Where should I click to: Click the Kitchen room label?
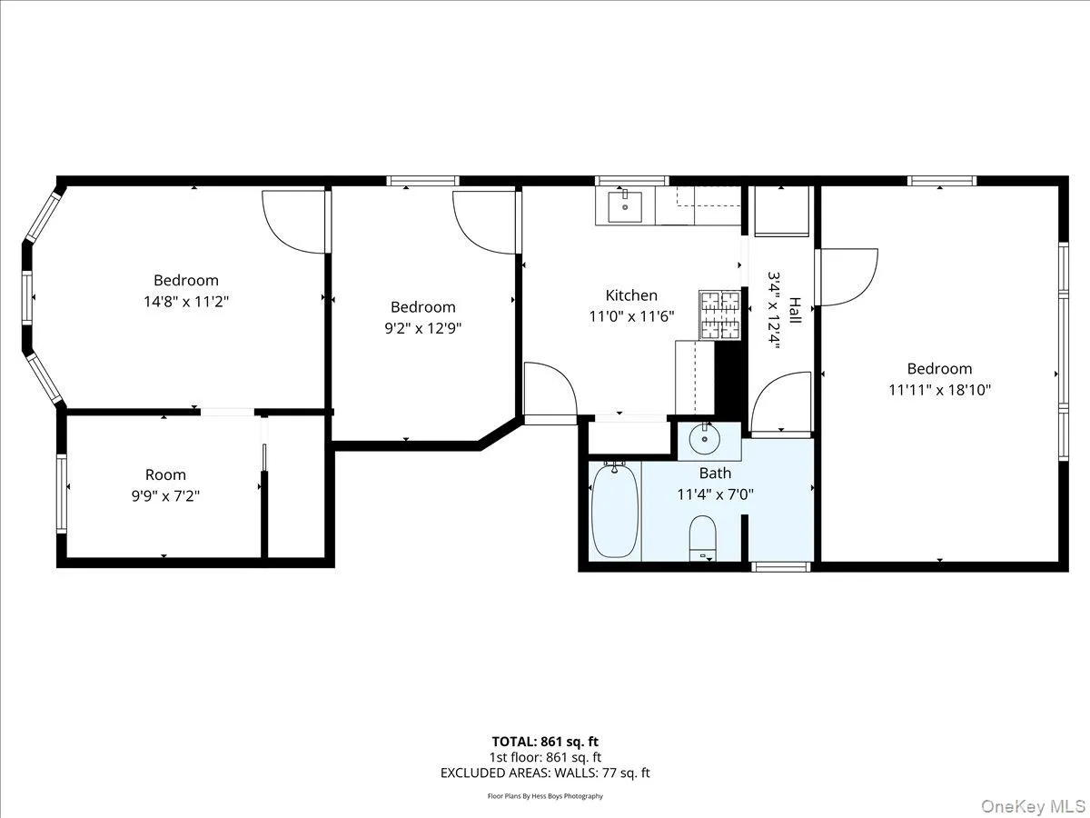point(631,295)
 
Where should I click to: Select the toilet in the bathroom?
point(703,538)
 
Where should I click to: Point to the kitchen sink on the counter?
point(624,206)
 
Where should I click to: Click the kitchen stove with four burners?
point(719,314)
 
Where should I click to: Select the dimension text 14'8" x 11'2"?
point(186,301)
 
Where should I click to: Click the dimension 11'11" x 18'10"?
point(939,390)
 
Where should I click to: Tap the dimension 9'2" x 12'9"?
point(423,328)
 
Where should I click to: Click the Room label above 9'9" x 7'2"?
point(165,474)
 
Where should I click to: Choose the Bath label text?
point(715,473)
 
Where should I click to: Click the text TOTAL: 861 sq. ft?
point(545,742)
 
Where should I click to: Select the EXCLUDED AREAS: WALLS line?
point(545,773)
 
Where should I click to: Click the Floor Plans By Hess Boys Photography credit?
point(545,796)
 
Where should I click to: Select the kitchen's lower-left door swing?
point(549,391)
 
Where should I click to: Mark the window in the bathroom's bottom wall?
point(781,567)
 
